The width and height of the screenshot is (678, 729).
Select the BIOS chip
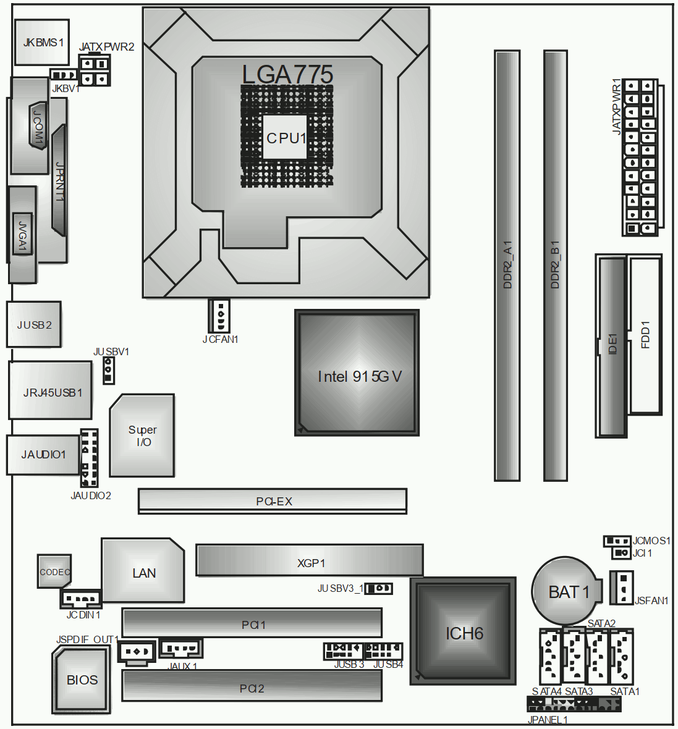82,680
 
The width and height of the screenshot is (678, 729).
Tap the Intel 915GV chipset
357,373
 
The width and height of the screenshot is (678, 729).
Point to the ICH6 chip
463,631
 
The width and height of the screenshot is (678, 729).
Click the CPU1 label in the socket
286,138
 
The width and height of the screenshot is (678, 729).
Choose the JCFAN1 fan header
219,316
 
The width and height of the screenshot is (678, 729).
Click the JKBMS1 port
42,42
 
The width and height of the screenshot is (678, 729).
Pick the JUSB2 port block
34,324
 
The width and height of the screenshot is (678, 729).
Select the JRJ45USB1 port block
50,390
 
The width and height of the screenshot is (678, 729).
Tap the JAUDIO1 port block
43,455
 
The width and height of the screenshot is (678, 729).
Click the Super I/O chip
142,436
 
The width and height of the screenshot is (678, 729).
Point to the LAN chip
143,570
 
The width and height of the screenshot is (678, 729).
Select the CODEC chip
54,571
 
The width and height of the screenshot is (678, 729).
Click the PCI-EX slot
273,501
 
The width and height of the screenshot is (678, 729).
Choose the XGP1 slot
310,561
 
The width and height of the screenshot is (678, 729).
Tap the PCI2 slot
252,686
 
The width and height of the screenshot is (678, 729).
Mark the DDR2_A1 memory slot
507,266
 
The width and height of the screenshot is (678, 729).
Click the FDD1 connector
645,334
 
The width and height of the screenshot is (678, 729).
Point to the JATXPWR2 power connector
95,70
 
